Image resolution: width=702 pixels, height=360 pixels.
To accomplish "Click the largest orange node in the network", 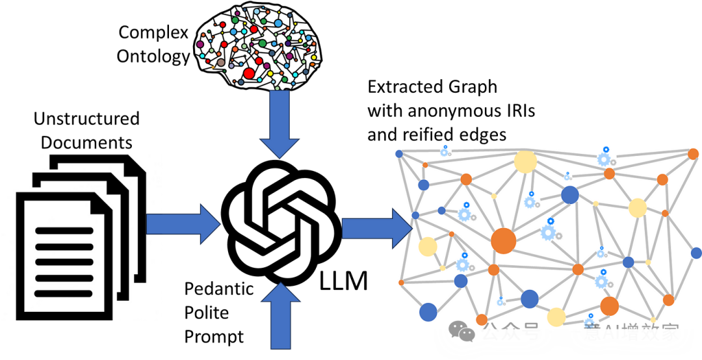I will pos(503,240).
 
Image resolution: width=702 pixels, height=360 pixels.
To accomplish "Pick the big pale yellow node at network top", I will pos(525,162).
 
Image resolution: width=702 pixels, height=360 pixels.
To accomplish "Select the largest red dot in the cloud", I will pos(249,73).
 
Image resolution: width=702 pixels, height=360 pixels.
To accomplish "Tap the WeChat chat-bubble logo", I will pos(462,331).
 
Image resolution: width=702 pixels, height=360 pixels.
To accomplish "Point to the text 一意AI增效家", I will pos(621,332).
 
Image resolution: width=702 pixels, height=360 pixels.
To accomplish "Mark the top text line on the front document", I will pos(64,231).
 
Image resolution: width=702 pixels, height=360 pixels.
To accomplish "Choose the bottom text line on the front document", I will pos(64,294).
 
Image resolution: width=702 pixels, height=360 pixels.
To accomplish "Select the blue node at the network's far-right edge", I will pos(696,253).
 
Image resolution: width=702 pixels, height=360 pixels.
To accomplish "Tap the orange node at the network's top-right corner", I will pos(693,154).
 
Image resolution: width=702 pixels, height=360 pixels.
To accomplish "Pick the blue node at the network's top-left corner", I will pos(399,154).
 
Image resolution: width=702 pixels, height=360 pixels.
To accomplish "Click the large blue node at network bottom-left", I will pos(428,312).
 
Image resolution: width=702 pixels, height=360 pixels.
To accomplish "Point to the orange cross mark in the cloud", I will pos(213,67).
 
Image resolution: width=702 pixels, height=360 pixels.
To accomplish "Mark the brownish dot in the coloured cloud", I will pos(221,62).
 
